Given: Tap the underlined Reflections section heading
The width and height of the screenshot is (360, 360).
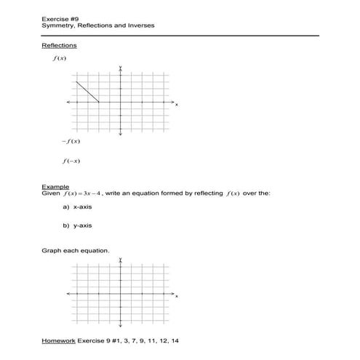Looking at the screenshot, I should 60,46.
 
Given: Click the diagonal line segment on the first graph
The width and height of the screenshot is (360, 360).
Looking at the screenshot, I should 87,92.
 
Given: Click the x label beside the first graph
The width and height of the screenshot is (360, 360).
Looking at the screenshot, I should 177,105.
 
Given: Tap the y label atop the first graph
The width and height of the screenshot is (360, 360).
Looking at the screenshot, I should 121,67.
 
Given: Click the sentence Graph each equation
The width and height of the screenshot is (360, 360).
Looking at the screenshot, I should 76,252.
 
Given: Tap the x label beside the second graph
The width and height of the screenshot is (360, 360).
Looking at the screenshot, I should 177,297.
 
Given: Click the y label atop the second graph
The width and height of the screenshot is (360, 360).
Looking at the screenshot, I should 121,259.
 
